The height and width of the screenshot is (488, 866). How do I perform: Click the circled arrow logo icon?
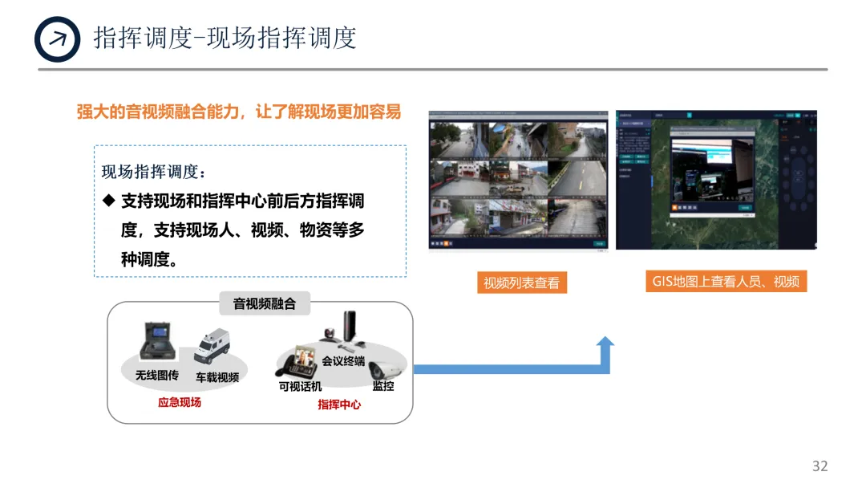[58, 39]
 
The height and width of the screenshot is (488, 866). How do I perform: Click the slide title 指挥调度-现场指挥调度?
[225, 38]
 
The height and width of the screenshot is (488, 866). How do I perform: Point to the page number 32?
[819, 466]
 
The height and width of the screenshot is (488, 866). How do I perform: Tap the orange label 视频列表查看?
[521, 283]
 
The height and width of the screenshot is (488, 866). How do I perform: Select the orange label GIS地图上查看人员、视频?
[726, 281]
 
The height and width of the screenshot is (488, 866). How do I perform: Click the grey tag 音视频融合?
[264, 304]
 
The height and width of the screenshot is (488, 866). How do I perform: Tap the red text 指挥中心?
[339, 404]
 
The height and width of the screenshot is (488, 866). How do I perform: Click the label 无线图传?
[157, 375]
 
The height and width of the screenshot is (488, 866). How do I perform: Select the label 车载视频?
[217, 376]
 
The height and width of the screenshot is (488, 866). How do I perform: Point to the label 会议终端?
[343, 361]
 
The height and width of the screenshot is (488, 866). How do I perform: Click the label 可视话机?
[300, 386]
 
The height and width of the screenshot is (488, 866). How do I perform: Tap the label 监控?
[383, 386]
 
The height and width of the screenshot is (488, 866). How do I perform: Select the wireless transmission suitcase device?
[160, 342]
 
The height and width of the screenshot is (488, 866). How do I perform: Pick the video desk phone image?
[297, 362]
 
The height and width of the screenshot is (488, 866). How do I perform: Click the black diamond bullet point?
[110, 201]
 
